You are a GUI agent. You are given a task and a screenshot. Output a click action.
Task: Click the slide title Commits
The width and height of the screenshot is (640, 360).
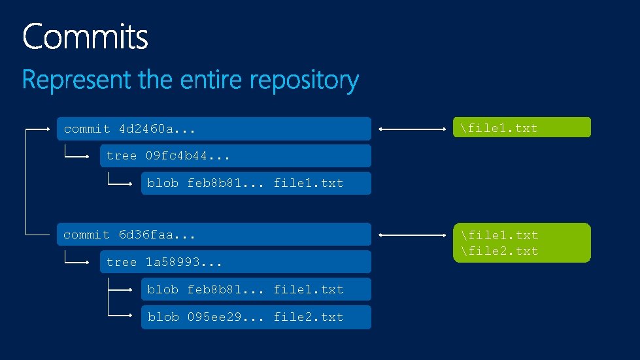coord(85,37)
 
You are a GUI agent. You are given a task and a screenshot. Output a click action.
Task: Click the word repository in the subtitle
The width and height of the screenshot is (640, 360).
coord(306,81)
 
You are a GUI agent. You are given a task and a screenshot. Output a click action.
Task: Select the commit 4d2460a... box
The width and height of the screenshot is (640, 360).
coord(214,129)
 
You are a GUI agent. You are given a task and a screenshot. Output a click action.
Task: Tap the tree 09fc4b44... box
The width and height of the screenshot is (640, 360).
coord(235,156)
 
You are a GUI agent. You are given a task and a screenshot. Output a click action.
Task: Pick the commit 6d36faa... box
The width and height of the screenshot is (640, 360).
coord(214,235)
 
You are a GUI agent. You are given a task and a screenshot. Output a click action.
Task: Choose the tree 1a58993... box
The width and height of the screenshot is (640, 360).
coord(235,262)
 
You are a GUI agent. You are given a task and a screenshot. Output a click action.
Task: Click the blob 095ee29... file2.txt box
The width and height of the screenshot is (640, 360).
coord(256,317)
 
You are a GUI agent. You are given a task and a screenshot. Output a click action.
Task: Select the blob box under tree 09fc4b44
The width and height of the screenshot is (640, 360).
coord(256,183)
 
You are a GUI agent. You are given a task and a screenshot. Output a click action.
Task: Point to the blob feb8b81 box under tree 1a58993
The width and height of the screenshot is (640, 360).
coord(256,289)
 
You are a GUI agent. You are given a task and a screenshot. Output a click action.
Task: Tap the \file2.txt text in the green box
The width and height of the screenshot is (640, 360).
coord(499,251)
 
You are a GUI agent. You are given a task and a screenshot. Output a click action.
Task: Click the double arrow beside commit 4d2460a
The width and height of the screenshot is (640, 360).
coord(413,129)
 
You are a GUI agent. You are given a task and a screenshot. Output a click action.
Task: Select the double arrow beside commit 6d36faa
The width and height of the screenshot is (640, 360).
coord(413,235)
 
